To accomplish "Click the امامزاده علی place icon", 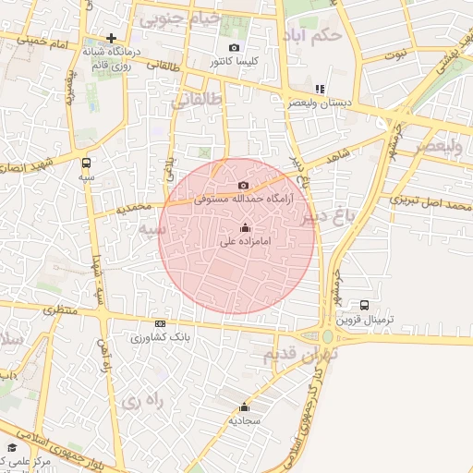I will point(245,227).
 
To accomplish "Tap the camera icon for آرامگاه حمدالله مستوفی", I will point(243,186).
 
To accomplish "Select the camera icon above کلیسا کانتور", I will point(234,47).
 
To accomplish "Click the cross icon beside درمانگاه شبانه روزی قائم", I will point(111,39).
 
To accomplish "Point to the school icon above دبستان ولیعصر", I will point(320,90).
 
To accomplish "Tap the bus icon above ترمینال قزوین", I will point(364,305).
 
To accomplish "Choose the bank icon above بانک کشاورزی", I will point(161,323).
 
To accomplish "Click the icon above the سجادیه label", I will point(245,406).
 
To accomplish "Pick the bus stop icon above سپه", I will point(86,161).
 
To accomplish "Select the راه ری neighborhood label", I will point(141,402).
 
